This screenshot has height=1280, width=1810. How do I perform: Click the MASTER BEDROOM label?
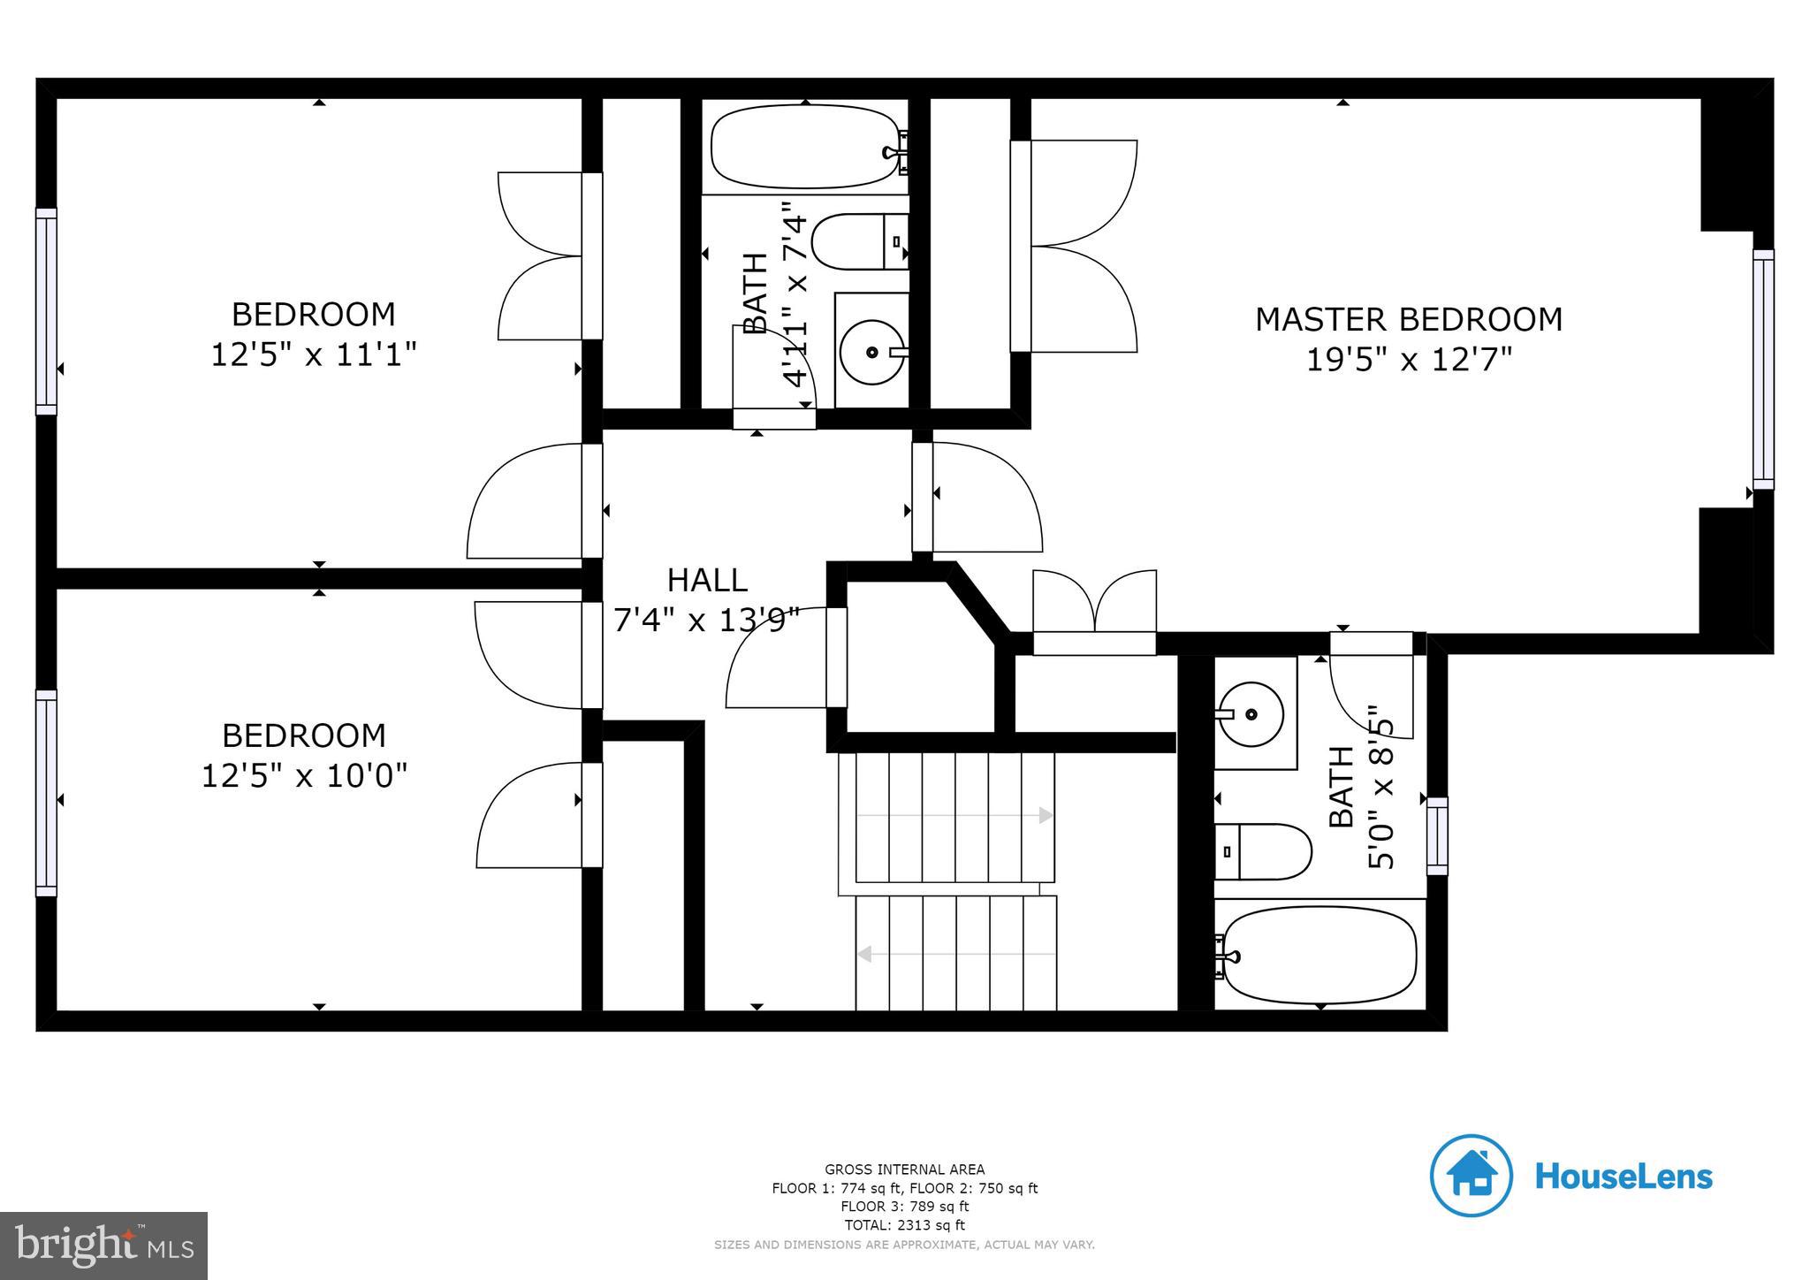(x=1408, y=319)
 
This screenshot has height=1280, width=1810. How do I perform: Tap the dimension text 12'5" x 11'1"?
(x=313, y=355)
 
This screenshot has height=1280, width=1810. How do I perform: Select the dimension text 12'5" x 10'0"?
(x=304, y=776)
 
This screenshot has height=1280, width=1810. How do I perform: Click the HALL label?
(x=707, y=580)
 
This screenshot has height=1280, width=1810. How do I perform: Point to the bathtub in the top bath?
(x=805, y=147)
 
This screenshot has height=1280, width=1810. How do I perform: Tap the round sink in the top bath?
(x=871, y=352)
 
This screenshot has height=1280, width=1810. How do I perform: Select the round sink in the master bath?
(x=1250, y=713)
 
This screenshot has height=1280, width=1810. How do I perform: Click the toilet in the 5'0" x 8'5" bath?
(x=1263, y=851)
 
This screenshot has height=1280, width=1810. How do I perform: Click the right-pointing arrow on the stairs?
(x=1046, y=815)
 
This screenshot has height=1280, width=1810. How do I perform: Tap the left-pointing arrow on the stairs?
(x=865, y=954)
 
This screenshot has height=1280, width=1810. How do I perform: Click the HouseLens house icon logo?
(x=1471, y=1176)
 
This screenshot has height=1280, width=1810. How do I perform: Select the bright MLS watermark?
(x=103, y=1246)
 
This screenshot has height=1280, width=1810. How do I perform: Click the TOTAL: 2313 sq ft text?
(x=904, y=1225)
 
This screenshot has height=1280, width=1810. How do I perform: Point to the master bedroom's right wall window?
(x=1762, y=369)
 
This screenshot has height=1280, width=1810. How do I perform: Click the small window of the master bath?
(x=1437, y=835)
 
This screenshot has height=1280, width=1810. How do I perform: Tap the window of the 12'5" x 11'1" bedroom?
(x=46, y=311)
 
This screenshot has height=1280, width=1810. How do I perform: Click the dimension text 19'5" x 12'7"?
(x=1409, y=361)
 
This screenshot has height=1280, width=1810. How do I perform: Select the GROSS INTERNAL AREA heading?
(x=904, y=1170)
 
